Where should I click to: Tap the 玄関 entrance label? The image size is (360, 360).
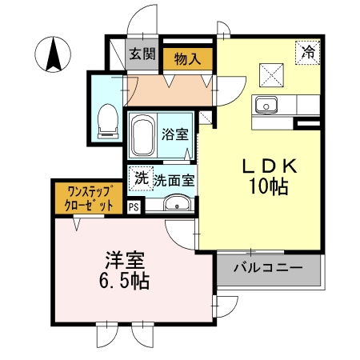click(142, 54)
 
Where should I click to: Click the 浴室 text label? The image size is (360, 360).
click(175, 134)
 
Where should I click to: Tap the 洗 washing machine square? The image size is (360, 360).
click(142, 179)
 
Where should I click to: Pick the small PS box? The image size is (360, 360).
click(133, 206)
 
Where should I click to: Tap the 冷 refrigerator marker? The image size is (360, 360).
click(308, 52)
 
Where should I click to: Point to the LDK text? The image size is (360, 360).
click(270, 166)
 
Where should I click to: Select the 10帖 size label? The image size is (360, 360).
click(270, 189)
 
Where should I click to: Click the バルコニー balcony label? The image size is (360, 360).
click(268, 268)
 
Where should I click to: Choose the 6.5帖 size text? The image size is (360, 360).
click(123, 282)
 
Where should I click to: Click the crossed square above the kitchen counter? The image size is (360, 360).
click(274, 74)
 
